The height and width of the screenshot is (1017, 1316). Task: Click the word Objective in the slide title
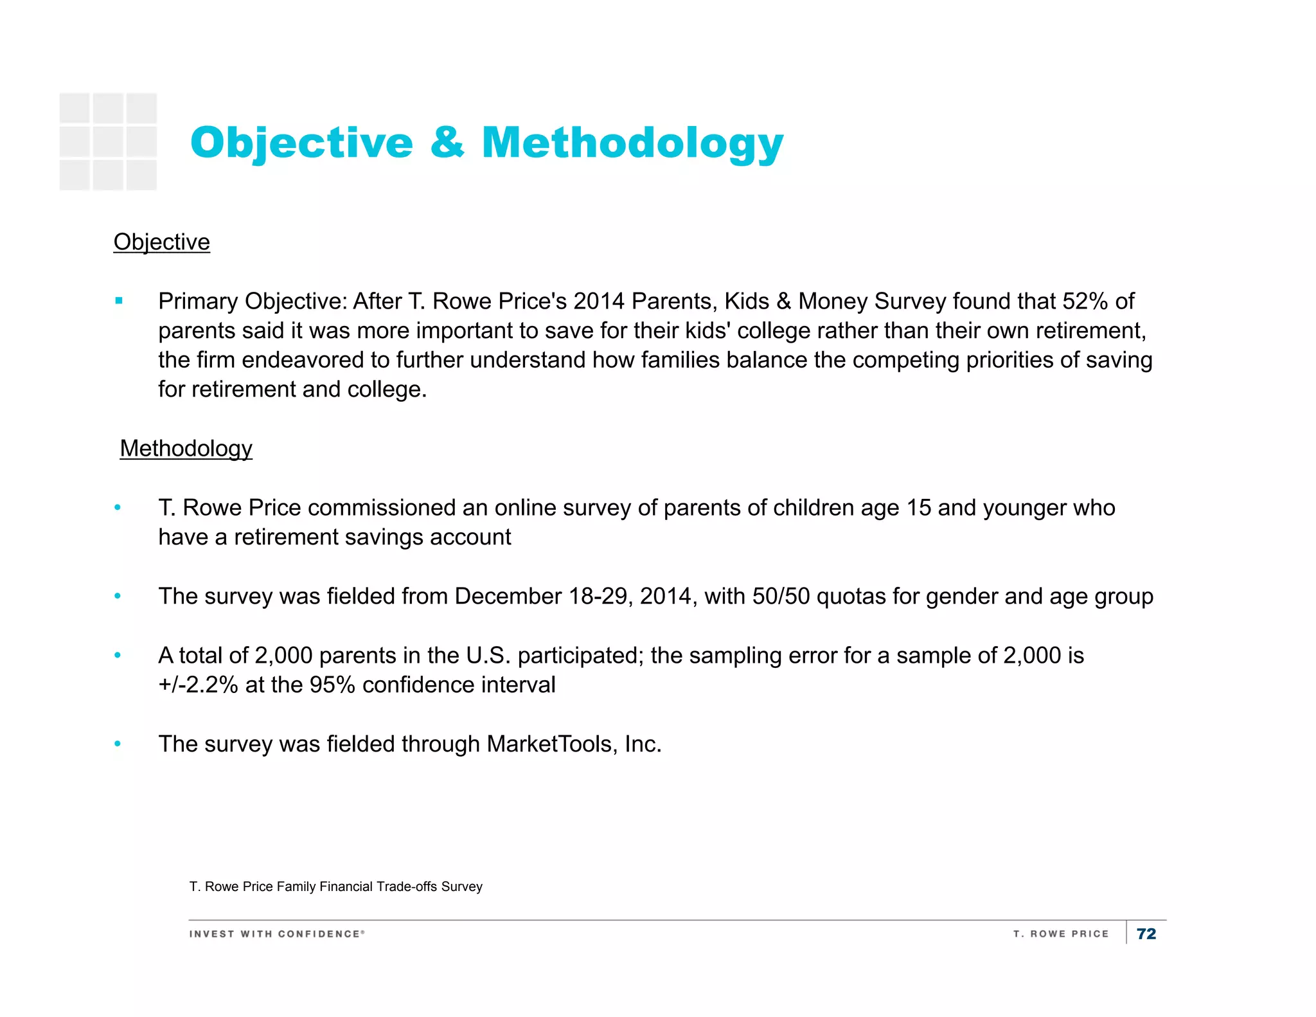click(301, 143)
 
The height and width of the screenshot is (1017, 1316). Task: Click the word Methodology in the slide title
click(632, 143)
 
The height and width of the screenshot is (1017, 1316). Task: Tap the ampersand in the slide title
click(447, 143)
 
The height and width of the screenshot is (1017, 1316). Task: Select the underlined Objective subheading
click(161, 242)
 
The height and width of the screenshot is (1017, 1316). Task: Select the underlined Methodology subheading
click(186, 449)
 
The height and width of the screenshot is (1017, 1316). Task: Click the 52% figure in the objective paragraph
click(1085, 301)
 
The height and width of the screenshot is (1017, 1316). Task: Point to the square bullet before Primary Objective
click(119, 301)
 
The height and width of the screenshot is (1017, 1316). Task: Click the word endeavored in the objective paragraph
click(302, 360)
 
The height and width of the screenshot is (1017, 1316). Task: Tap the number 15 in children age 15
click(918, 508)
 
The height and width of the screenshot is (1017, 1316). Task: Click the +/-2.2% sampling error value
click(199, 685)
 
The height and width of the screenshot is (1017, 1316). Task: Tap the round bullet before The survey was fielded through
click(118, 744)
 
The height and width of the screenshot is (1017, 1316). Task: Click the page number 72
click(1146, 934)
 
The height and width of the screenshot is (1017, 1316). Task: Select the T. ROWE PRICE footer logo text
click(1061, 934)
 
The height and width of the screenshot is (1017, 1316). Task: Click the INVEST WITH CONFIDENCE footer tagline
click(276, 934)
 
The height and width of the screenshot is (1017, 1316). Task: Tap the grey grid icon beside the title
click(108, 141)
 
